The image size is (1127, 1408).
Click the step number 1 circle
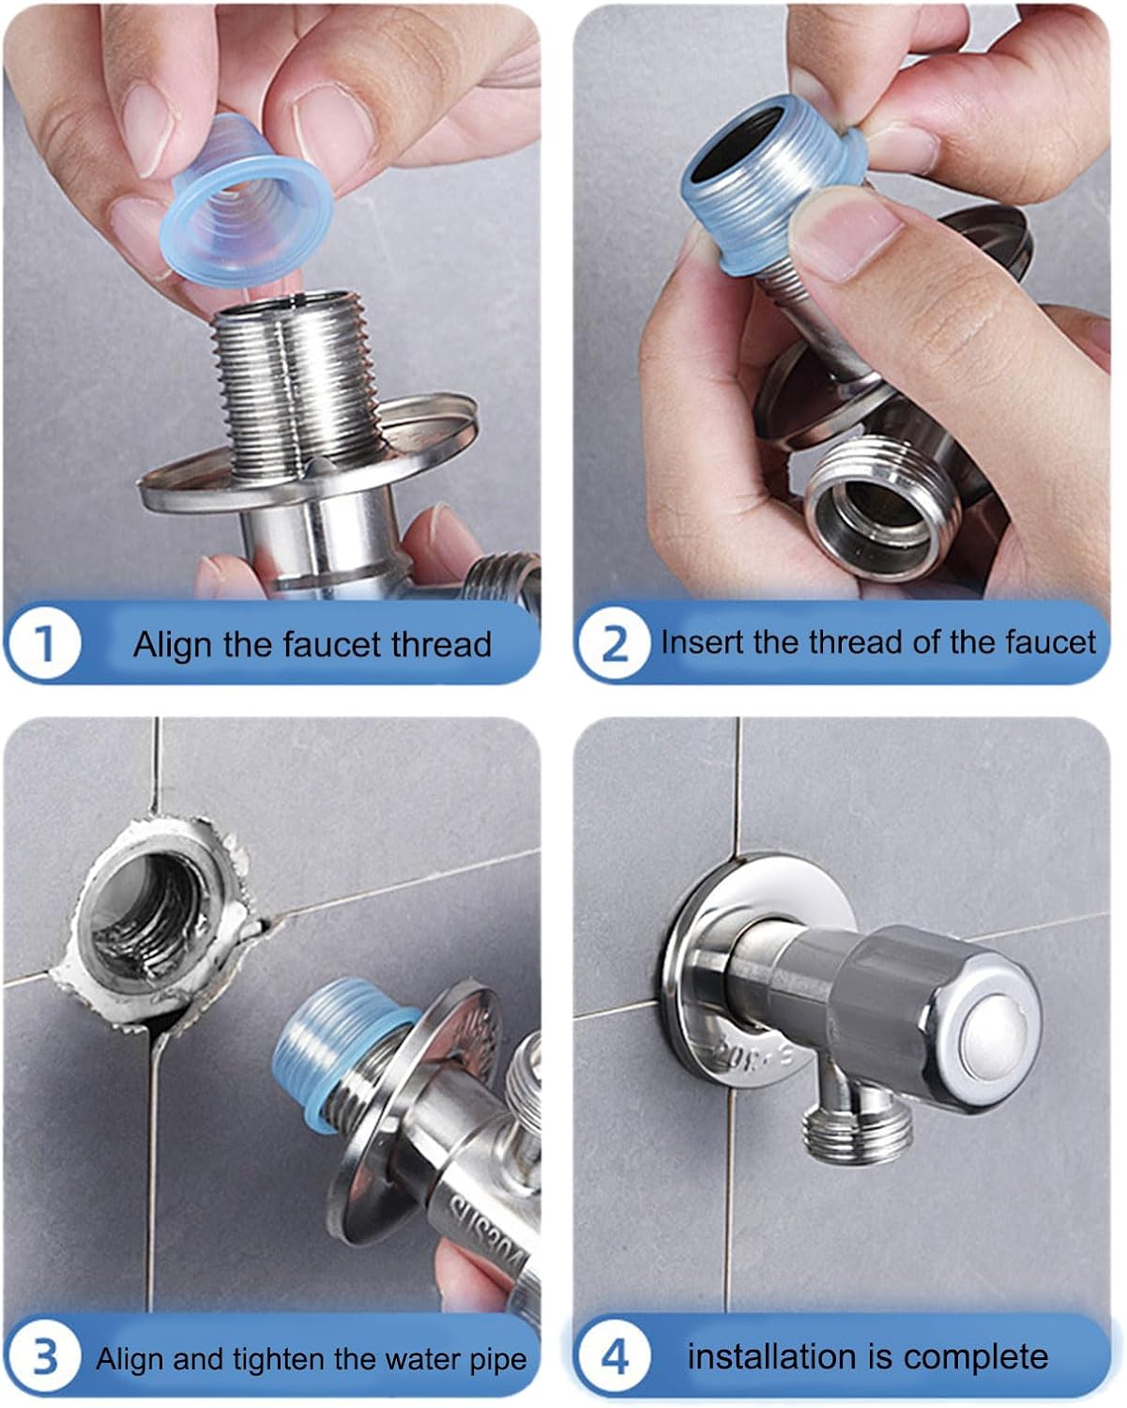[x=44, y=644]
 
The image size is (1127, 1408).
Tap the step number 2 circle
[x=614, y=644]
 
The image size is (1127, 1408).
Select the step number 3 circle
[x=44, y=1357]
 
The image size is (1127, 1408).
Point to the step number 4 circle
[x=614, y=1357]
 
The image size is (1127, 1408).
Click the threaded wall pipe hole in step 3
[x=155, y=915]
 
